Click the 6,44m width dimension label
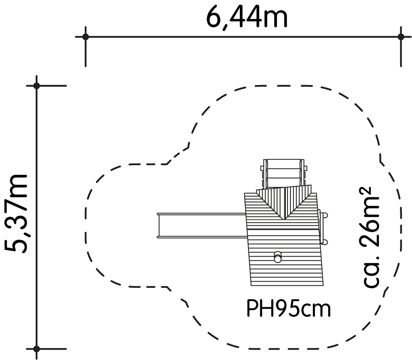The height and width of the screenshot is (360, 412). click(x=247, y=17)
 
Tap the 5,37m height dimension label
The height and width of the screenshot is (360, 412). click(x=16, y=213)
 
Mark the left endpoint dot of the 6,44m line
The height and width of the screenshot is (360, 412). click(x=85, y=37)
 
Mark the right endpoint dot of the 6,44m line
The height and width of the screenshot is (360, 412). click(x=401, y=37)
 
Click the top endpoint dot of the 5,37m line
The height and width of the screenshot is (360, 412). click(x=37, y=85)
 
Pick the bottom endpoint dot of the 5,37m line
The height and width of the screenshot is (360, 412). click(x=37, y=349)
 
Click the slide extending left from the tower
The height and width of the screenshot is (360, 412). click(x=202, y=226)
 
